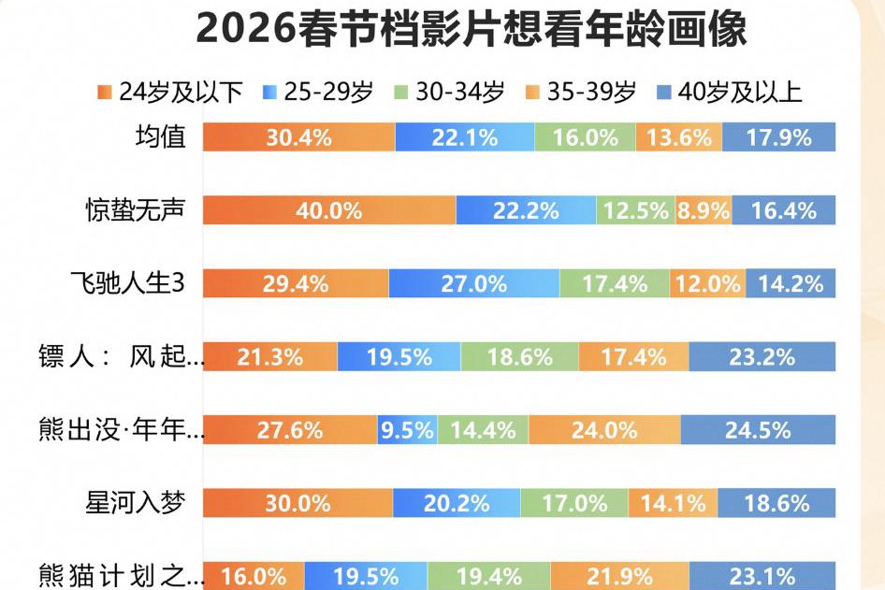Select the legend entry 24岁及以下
(168, 92)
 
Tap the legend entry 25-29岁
(318, 92)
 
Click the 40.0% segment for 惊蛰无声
(329, 210)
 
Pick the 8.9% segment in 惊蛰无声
(704, 210)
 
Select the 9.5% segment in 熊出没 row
(407, 430)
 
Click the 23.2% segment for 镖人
(762, 356)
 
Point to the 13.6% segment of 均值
(679, 137)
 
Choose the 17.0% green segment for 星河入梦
(574, 503)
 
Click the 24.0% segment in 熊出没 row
(604, 430)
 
